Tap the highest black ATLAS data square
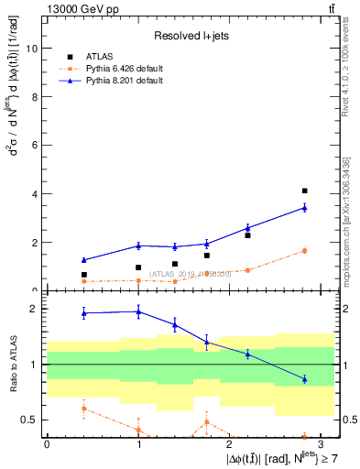pyautogui.click(x=304, y=191)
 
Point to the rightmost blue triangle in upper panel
pyautogui.click(x=304, y=208)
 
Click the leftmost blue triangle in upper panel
pyautogui.click(x=83, y=260)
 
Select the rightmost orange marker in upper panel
pyautogui.click(x=304, y=250)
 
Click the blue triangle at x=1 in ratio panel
pyautogui.click(x=138, y=311)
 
